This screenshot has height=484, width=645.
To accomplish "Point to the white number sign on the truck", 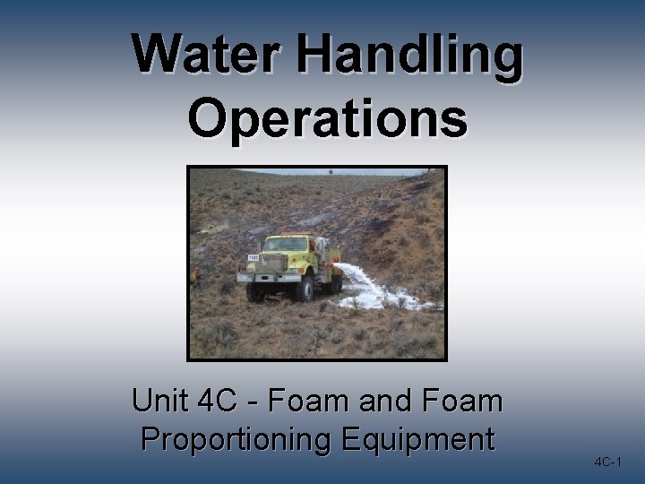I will tap(253, 258).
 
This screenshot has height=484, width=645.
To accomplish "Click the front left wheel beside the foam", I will tap(306, 289).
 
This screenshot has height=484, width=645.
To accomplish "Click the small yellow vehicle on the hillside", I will tap(209, 229).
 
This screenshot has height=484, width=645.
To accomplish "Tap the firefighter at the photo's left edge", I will tap(194, 275).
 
